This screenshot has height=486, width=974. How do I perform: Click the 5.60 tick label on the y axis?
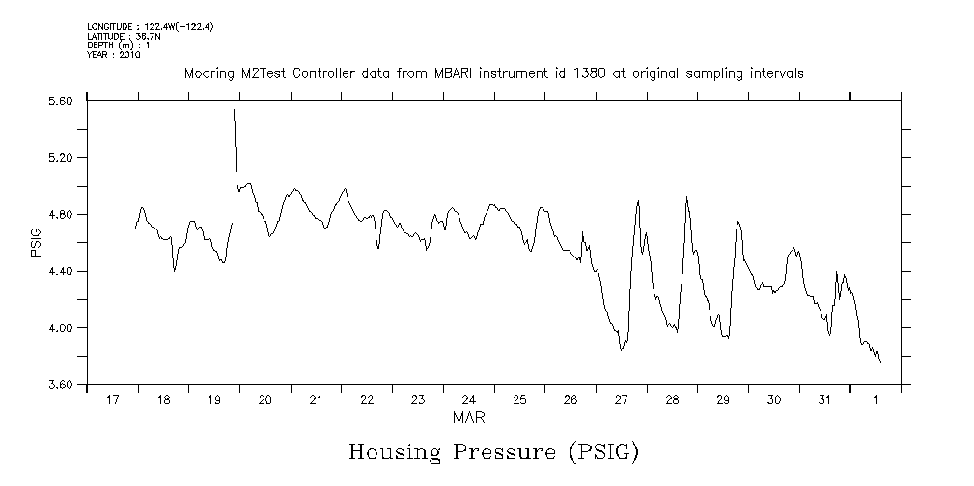point(60,101)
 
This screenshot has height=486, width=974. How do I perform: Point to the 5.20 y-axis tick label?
point(60,158)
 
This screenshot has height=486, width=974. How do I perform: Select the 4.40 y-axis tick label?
point(60,272)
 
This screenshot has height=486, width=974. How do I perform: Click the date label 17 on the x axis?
point(113,399)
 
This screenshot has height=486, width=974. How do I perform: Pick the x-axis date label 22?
point(367,399)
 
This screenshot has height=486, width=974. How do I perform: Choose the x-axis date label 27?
point(621,399)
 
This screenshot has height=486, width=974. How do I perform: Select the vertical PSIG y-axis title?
point(36,243)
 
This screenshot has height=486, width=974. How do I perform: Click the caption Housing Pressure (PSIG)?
point(493,451)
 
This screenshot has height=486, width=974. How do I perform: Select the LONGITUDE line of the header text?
point(150,27)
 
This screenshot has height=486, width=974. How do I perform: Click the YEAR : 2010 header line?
point(114,56)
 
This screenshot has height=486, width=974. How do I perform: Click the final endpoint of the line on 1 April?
point(880,362)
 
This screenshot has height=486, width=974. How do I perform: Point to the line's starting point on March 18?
point(135,229)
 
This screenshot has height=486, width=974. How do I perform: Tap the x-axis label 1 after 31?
point(876,399)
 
